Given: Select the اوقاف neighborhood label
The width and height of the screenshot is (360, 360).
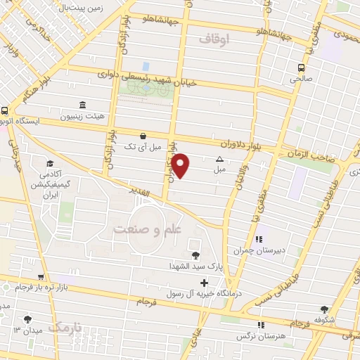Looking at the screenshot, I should point(214,40).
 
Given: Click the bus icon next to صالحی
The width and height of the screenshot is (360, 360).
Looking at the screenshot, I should point(301,68).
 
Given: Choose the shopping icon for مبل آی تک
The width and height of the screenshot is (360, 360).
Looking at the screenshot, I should point(143,136).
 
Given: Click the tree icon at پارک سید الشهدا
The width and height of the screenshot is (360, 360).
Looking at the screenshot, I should point(195,255).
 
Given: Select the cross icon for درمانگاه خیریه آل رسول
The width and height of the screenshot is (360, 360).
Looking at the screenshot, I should point(204,283).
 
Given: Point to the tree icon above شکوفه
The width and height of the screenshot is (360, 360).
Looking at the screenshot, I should point(324,309).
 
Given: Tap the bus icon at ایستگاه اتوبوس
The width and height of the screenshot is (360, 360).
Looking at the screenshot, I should point(5,110).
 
